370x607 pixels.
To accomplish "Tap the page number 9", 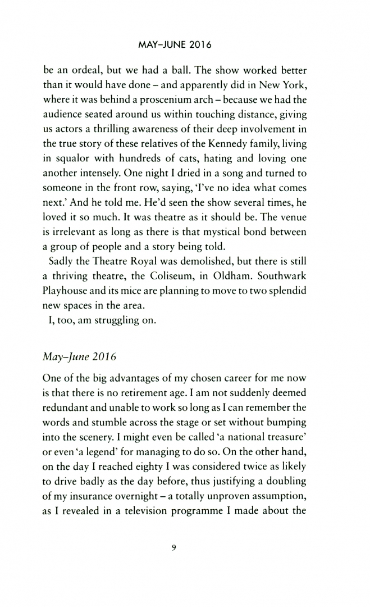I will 186,549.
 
